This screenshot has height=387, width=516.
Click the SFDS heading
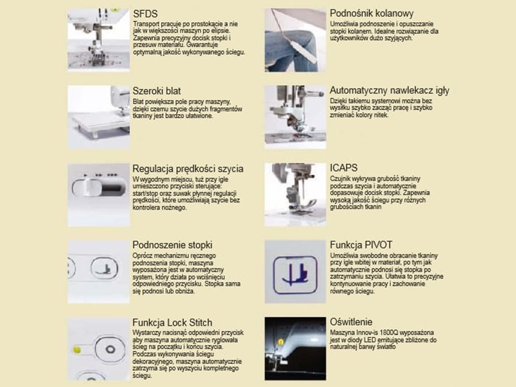click(145, 14)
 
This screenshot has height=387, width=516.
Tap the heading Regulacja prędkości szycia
click(188, 169)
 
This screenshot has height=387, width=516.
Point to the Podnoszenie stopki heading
click(172, 245)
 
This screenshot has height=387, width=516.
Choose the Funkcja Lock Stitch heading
click(172, 322)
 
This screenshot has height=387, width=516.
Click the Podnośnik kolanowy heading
click(372, 14)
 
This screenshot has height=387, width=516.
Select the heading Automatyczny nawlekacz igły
click(390, 91)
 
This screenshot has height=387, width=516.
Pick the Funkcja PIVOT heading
click(361, 245)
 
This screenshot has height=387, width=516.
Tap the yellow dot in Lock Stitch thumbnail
click(77, 349)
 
